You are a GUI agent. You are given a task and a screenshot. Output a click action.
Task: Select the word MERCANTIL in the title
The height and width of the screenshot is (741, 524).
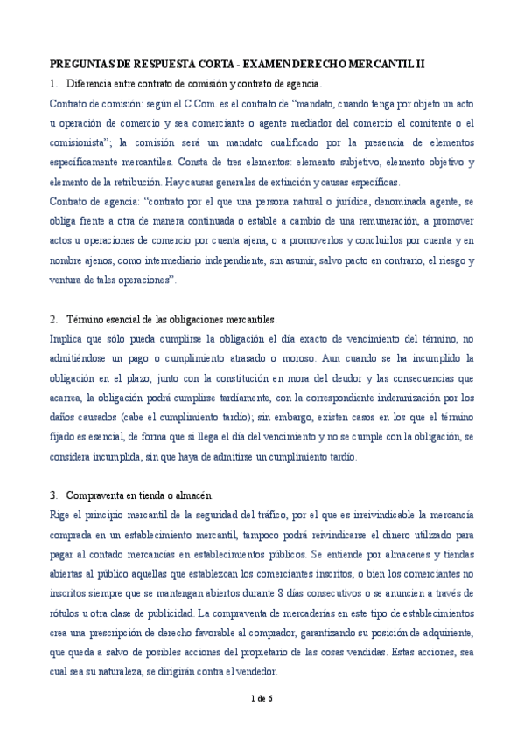coord(375,64)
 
